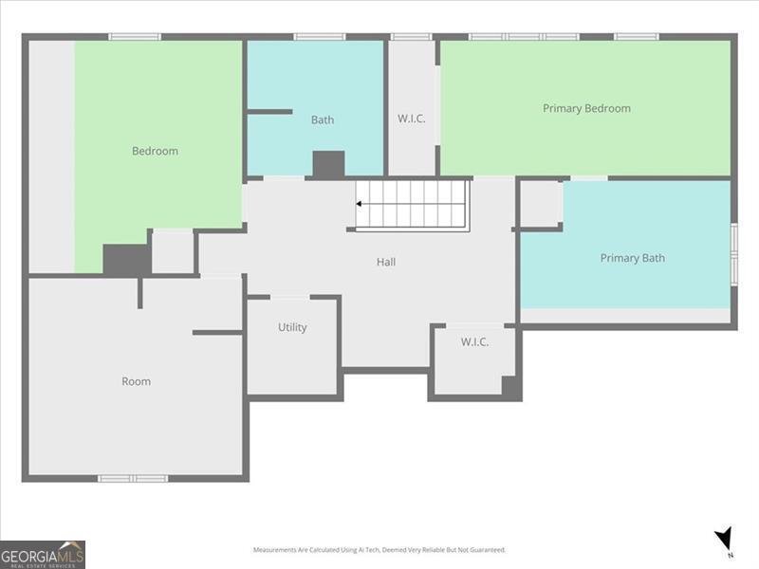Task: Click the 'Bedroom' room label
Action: [155, 151]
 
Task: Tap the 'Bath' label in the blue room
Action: [323, 119]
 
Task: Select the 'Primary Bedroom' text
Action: [586, 108]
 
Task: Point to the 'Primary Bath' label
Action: [632, 258]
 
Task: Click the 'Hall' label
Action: [386, 262]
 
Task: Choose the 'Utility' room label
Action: [292, 327]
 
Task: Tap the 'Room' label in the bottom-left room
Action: [136, 381]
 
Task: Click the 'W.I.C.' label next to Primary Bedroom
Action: [411, 119]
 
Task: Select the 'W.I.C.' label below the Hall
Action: [474, 341]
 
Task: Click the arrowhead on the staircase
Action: [361, 203]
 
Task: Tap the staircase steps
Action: [414, 203]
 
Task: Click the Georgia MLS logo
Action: [43, 554]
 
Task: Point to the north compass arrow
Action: [725, 539]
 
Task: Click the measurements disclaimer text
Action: [379, 550]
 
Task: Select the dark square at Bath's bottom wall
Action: [328, 164]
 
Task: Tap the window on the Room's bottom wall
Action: [133, 478]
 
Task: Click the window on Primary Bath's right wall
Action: [733, 253]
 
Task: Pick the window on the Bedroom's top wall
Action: [134, 37]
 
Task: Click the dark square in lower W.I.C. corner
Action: [510, 386]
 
